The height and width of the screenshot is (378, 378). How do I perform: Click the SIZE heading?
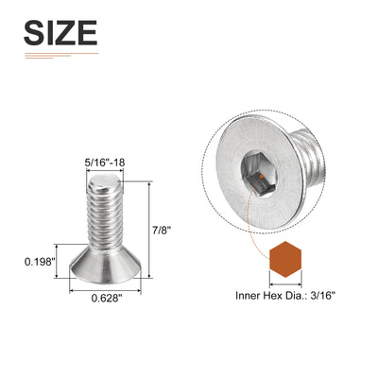[x=60, y=33]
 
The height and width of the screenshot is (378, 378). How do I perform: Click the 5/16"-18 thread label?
[x=105, y=163]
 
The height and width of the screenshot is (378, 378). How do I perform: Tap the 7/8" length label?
[x=162, y=231]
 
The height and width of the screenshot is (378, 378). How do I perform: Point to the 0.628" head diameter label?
[x=107, y=298]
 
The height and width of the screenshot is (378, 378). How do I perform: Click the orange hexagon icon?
[x=285, y=259]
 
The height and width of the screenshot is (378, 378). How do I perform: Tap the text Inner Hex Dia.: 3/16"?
[x=284, y=296]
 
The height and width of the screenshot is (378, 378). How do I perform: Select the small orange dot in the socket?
[x=261, y=177]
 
